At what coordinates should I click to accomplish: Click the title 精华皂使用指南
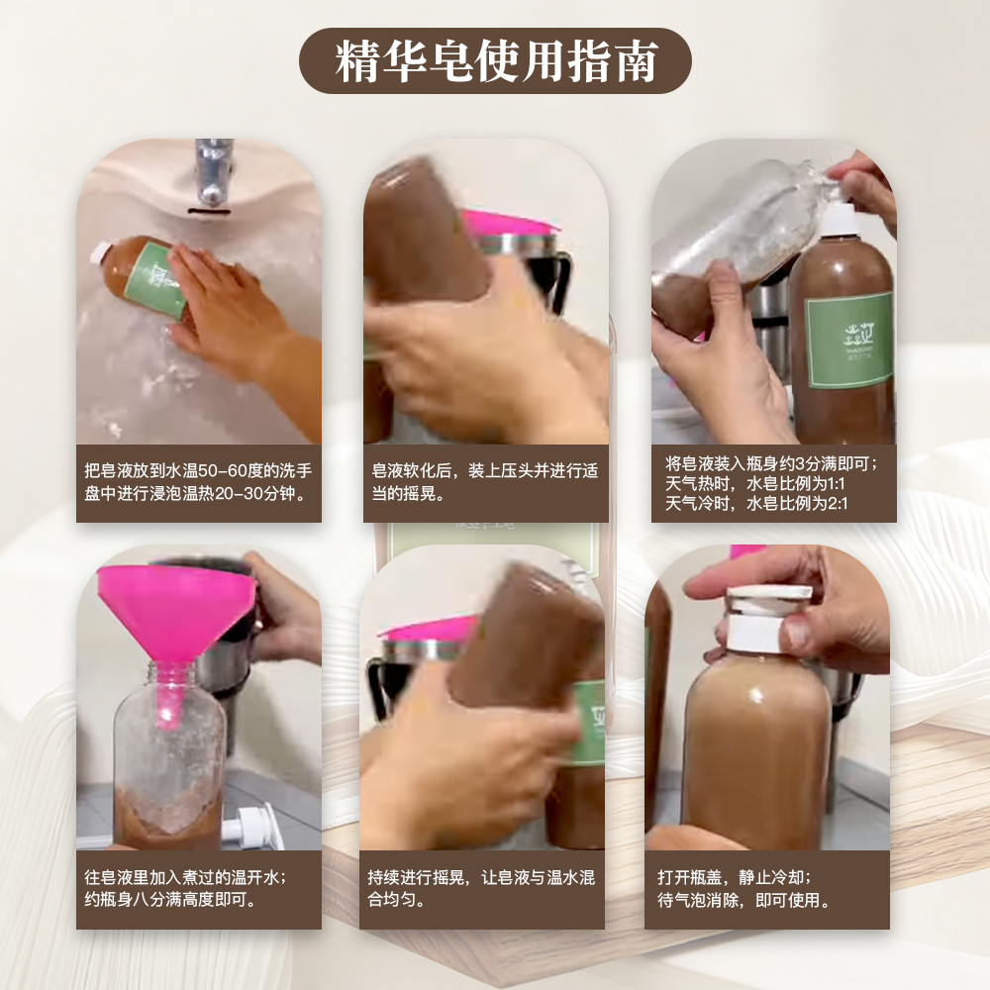(x=496, y=61)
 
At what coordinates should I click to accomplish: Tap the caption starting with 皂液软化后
(x=485, y=482)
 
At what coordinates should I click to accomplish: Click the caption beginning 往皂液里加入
(x=185, y=888)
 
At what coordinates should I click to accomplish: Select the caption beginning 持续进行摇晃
(x=481, y=888)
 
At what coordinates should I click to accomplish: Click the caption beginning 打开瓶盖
(x=744, y=888)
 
